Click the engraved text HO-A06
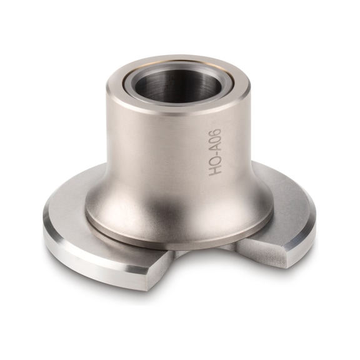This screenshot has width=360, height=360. click(215, 152)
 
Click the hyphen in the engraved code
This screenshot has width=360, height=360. click(215, 159)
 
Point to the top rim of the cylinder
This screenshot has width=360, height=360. click(125, 87)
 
